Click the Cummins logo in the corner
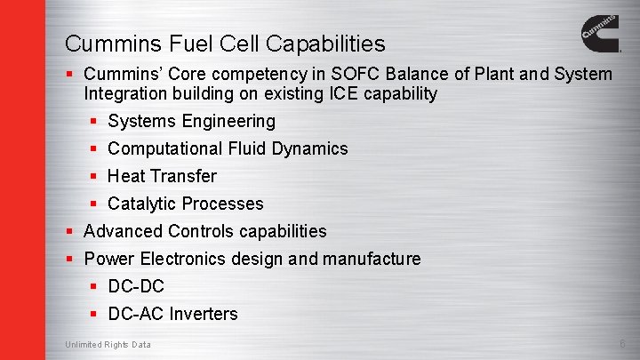click(601, 36)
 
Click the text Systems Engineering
click(191, 121)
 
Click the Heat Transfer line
click(162, 176)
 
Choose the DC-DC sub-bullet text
click(136, 286)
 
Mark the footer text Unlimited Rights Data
click(108, 345)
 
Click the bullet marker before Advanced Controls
click(70, 231)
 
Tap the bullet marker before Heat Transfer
click(94, 176)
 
